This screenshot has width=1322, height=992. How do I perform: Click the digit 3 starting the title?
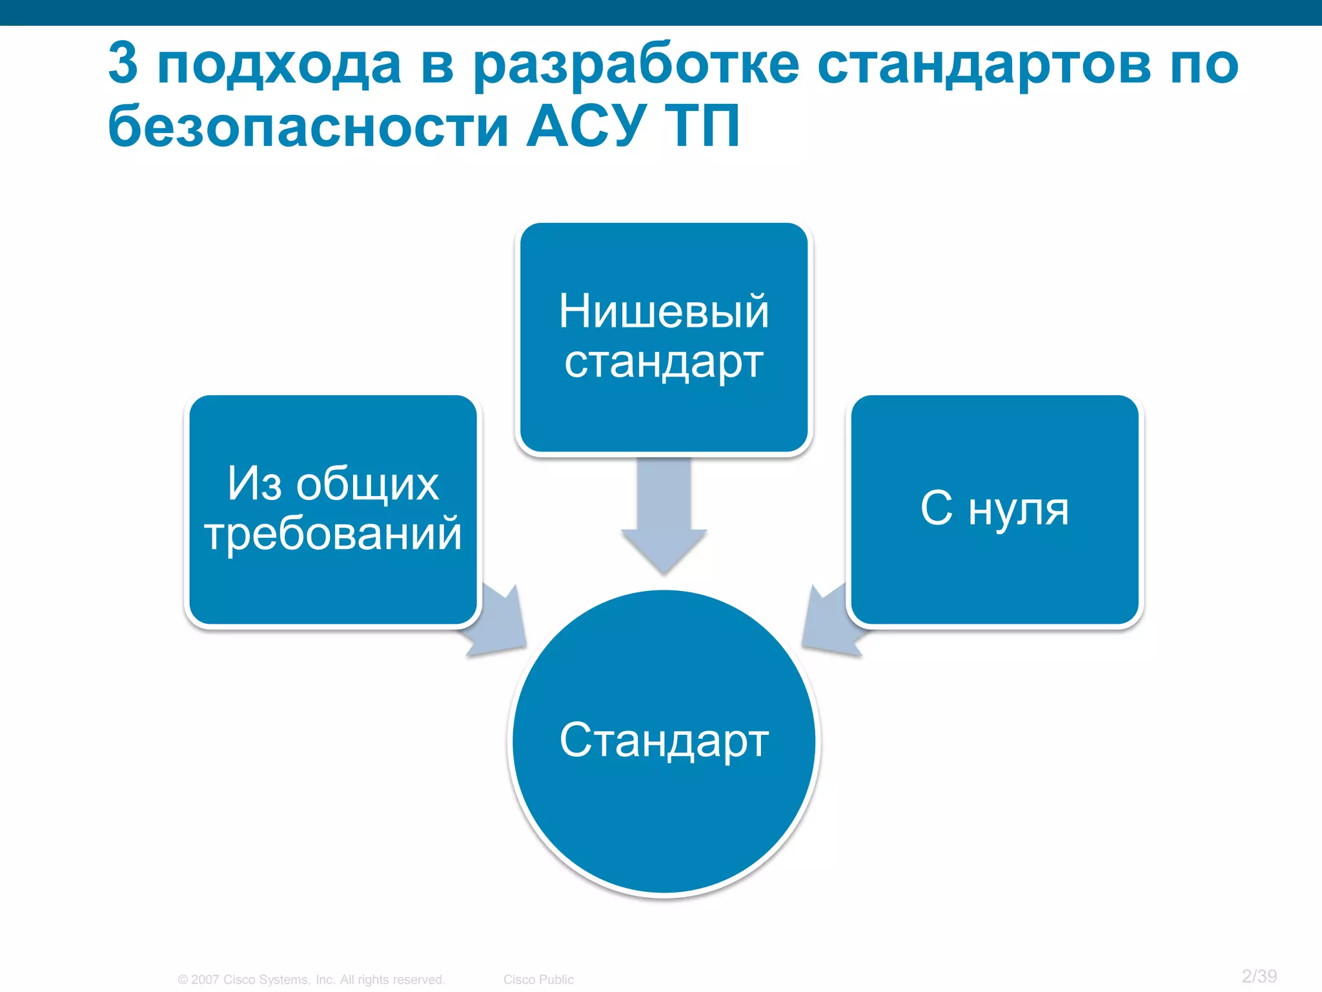coord(123,63)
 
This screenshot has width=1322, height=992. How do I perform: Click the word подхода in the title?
coord(279,66)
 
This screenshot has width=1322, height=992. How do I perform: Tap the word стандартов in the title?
coord(984,66)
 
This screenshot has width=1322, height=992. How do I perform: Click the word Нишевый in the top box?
coord(664,311)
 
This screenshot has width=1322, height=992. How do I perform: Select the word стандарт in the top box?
coord(664,363)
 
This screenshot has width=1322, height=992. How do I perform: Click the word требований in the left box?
coord(333,535)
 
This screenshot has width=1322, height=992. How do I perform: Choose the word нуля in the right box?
coord(1019,510)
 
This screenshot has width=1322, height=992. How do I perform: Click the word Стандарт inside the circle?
coord(664,740)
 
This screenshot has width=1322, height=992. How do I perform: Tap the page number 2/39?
coord(1259,976)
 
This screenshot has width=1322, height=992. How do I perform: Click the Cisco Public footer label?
coord(538,980)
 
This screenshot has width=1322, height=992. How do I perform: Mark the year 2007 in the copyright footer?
coord(205,980)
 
